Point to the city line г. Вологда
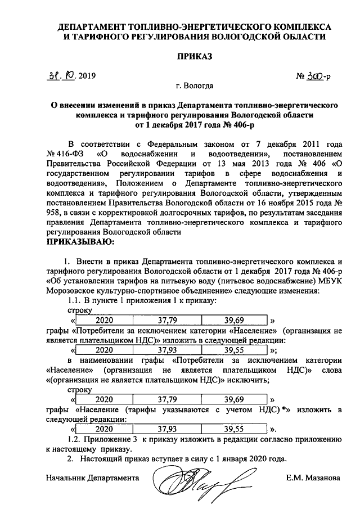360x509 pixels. (x=194, y=86)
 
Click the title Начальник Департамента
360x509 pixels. (x=93, y=478)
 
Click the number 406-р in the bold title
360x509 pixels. (x=250, y=125)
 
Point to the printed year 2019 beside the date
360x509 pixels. (x=85, y=75)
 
